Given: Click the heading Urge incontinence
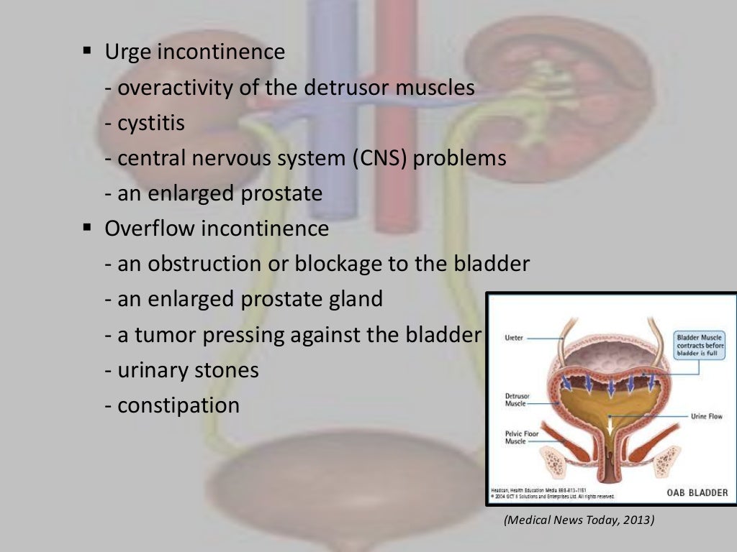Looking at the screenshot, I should point(194,52).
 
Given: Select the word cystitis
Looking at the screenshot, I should point(151,123).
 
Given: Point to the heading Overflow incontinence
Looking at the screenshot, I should point(217,229).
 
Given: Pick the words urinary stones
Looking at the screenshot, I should point(188,370).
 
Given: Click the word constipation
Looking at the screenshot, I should point(178,405).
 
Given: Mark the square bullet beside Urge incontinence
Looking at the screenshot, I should point(88,52).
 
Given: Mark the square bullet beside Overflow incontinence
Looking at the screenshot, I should point(88,229).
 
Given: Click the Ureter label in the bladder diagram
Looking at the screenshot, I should point(515,336).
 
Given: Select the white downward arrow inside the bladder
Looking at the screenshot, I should point(610,429).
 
